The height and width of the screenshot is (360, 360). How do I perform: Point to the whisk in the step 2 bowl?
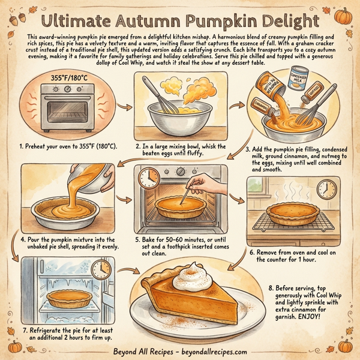point(160,96)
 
